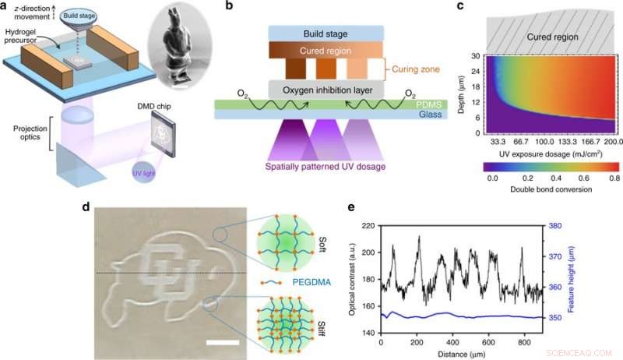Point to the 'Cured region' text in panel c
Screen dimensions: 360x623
point(547,36)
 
